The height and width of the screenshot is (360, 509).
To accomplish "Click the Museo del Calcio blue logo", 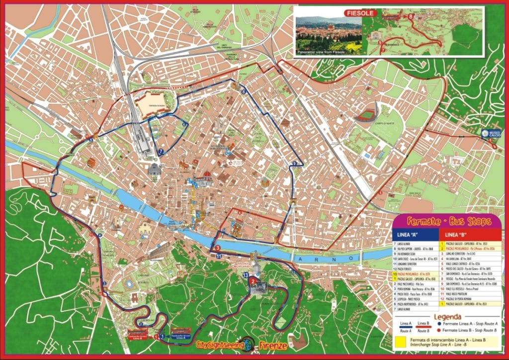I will click(x=485, y=133).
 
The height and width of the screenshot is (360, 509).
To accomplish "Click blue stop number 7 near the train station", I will click(x=160, y=151).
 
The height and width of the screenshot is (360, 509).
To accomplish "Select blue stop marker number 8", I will click(x=243, y=91).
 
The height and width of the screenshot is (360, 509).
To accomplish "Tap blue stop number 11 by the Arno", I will click(x=219, y=256).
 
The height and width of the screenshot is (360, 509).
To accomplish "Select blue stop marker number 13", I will click(x=246, y=274).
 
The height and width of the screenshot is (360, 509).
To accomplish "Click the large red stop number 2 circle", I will click(x=254, y=282).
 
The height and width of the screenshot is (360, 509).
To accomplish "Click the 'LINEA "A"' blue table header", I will click(x=405, y=234).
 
